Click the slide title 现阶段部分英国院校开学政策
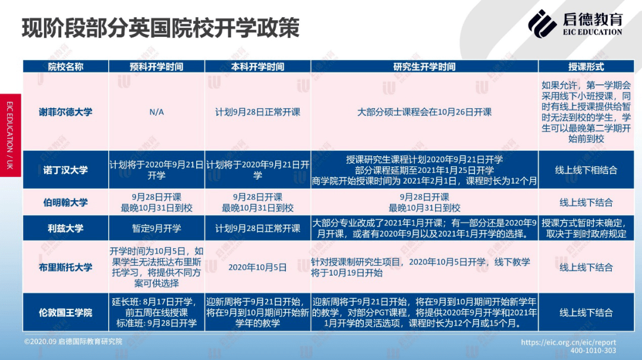pyautogui.click(x=160, y=28)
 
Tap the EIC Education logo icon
pyautogui.click(x=542, y=24)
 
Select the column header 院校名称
pyautogui.click(x=65, y=67)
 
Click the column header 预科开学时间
pyautogui.click(x=156, y=67)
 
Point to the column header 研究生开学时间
pyautogui.click(x=424, y=67)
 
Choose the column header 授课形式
pyautogui.click(x=586, y=67)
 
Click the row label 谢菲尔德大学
pyautogui.click(x=65, y=112)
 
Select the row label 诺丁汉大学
pyautogui.click(x=65, y=170)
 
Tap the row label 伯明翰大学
pyautogui.click(x=65, y=203)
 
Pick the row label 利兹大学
pyautogui.click(x=65, y=228)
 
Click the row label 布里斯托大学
pyautogui.click(x=65, y=267)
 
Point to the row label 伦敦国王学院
pyautogui.click(x=65, y=313)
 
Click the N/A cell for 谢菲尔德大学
pyautogui.click(x=156, y=112)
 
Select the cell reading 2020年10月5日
pyautogui.click(x=257, y=267)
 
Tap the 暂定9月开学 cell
pyautogui.click(x=156, y=228)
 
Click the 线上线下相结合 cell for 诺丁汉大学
pyautogui.click(x=586, y=170)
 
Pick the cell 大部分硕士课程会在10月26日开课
pyautogui.click(x=424, y=112)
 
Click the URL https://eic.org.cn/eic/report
pyautogui.click(x=568, y=342)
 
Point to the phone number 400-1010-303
pyautogui.click(x=593, y=350)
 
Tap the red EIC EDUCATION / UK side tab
pyautogui.click(x=10, y=135)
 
